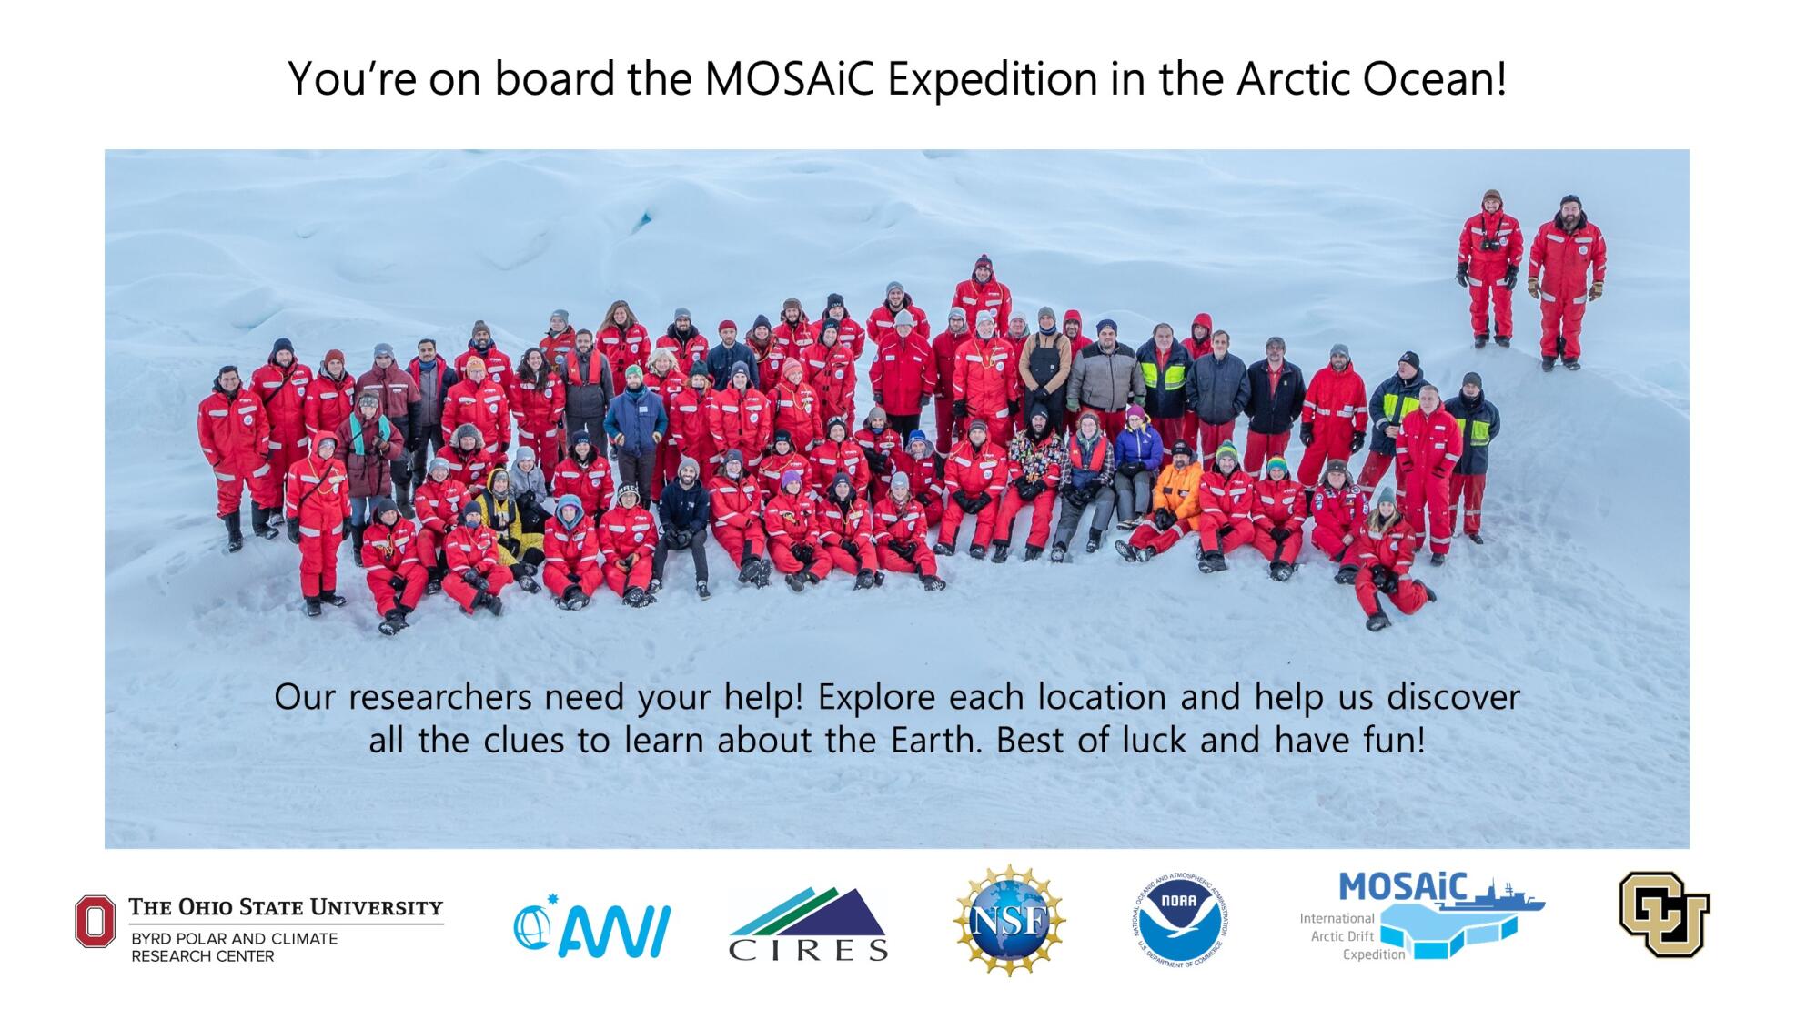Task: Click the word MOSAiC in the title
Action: coord(789,79)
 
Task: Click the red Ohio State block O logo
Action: coord(96,921)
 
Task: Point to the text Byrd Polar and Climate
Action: coord(234,938)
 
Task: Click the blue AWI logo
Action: coord(591,927)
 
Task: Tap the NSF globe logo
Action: coord(1009,920)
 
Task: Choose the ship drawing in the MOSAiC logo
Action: coord(1506,894)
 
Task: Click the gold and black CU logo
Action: coord(1663,914)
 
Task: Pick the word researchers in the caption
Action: coord(439,698)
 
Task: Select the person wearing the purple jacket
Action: coord(1135,450)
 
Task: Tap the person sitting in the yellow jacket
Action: coord(500,510)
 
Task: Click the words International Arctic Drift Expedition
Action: coord(1337,936)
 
